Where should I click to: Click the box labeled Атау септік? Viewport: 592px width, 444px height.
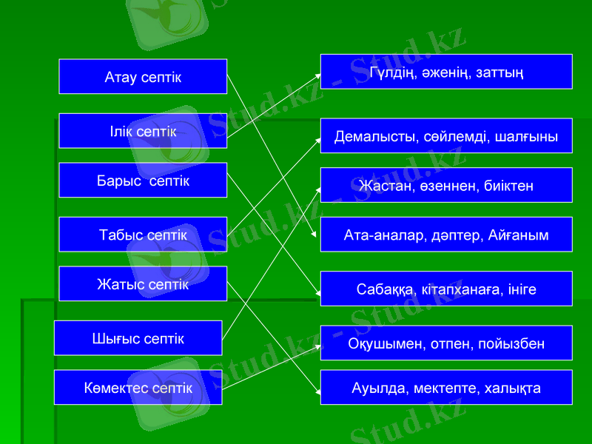[x=143, y=76]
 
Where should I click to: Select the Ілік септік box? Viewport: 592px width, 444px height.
[x=143, y=131]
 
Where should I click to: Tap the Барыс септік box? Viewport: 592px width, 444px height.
[x=143, y=181]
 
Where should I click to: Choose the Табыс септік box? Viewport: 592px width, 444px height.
[x=143, y=235]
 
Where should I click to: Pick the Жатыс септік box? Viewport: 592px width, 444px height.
[x=143, y=284]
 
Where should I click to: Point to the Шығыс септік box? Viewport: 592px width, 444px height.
[x=138, y=338]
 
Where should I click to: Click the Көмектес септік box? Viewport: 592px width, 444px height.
[x=138, y=388]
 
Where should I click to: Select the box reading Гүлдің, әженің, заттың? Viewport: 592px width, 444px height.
[x=446, y=72]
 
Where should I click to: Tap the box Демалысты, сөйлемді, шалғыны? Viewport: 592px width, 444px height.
[x=446, y=136]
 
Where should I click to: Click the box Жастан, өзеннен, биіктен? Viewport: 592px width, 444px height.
[x=446, y=185]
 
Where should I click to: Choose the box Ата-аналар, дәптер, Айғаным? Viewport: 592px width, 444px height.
[x=446, y=235]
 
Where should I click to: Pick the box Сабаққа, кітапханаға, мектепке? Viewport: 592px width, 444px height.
[x=446, y=289]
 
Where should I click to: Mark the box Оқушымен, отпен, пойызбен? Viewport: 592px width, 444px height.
[x=446, y=343]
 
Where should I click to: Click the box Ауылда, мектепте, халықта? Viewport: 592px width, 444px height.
[x=446, y=388]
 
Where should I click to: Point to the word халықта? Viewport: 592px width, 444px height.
[x=514, y=388]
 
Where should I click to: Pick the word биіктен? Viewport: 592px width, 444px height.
[x=508, y=185]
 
